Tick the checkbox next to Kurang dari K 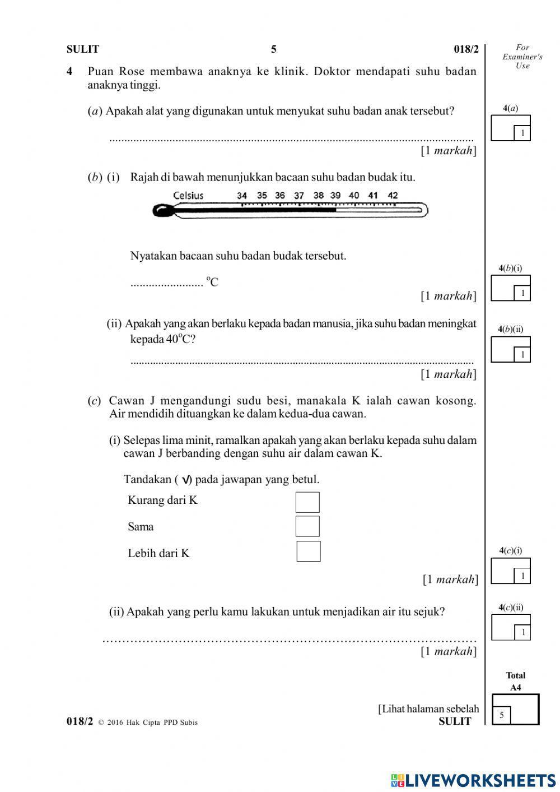307,502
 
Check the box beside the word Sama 307,526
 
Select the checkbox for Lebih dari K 308,551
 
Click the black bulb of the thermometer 162,211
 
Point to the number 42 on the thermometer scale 393,196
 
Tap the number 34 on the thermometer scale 242,196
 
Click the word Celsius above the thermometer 188,196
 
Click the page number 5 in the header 274,49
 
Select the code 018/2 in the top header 466,49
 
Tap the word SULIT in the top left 82,49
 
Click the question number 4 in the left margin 69,71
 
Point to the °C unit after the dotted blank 212,281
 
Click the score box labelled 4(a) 510,128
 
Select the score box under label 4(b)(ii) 510,349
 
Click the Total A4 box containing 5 515,710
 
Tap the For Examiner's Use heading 522,57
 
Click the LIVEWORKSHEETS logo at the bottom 473,780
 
